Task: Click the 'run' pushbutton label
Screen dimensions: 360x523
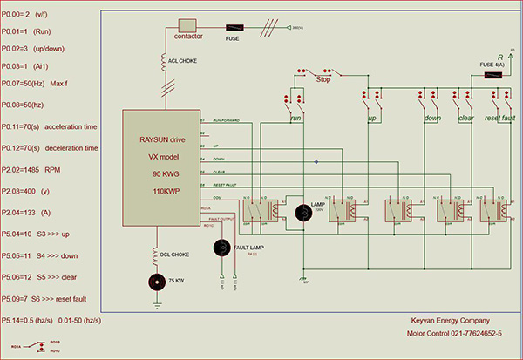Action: [x=296, y=117]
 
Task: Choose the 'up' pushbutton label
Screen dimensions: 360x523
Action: [x=371, y=117]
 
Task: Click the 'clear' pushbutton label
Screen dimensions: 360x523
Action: [x=465, y=117]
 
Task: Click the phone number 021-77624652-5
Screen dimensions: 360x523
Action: [x=471, y=333]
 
